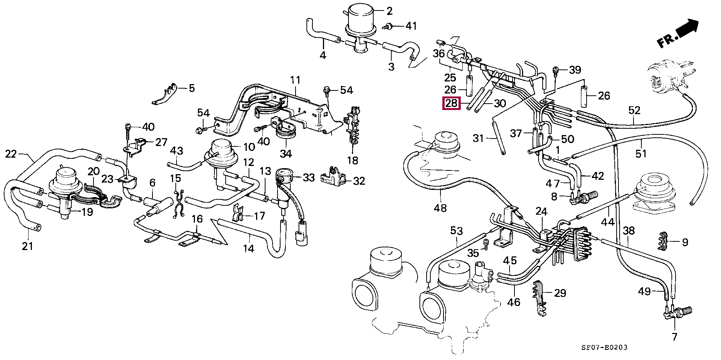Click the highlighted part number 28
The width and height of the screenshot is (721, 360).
[x=451, y=103]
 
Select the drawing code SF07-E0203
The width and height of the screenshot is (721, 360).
[x=604, y=348]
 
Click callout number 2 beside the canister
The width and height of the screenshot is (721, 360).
[x=389, y=11]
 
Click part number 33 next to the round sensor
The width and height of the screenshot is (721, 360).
[x=309, y=178]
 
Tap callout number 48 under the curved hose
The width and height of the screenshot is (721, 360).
[x=440, y=208]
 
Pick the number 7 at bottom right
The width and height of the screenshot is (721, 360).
[x=674, y=337]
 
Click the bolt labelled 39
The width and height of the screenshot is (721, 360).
[x=556, y=70]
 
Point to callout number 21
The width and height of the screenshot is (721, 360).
[x=27, y=246]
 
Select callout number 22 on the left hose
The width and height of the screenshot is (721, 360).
[x=11, y=154]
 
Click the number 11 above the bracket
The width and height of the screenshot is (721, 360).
[x=295, y=80]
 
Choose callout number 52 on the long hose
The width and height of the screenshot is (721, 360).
[x=634, y=110]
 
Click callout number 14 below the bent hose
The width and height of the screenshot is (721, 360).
[x=248, y=249]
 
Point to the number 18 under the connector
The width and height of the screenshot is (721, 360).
[x=352, y=161]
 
